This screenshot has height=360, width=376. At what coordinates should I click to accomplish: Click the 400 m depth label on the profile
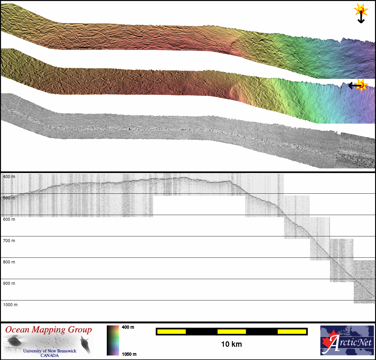[9, 177]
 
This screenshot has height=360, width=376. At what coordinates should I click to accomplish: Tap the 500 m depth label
[9, 198]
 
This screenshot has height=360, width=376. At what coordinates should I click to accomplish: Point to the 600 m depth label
[9, 219]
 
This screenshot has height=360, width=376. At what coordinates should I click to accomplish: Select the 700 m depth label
[9, 241]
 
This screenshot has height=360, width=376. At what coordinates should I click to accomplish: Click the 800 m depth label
[9, 262]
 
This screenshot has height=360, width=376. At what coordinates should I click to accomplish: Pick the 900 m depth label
[9, 283]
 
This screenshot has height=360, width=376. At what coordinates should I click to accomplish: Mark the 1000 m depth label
[10, 305]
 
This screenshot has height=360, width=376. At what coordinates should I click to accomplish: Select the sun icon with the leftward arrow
[362, 85]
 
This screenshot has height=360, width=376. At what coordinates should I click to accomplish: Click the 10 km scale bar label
[231, 344]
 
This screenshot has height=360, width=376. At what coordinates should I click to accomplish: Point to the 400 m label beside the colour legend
[128, 327]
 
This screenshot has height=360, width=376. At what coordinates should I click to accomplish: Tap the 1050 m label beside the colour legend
[129, 354]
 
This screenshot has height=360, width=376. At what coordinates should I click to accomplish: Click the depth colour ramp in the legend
[113, 340]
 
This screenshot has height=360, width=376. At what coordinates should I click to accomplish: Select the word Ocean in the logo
[18, 330]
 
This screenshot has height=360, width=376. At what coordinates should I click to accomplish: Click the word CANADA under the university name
[50, 355]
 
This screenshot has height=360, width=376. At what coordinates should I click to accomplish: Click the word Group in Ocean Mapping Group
[80, 330]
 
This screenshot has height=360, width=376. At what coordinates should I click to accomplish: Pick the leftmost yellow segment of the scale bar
[171, 331]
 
